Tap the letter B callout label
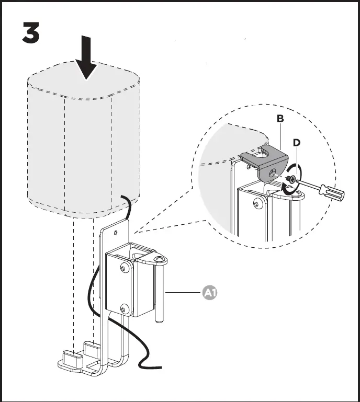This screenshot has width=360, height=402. pos(280,119)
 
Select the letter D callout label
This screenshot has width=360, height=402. pos(296,143)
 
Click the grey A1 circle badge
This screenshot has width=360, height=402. pos(210,293)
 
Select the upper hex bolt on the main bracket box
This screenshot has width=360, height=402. pos(124,268)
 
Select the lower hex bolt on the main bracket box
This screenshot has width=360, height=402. pos(125,307)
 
